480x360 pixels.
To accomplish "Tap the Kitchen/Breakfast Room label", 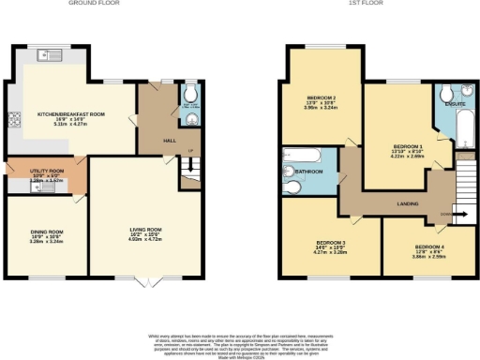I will click(70, 117).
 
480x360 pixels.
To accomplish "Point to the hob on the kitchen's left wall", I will click(13, 119).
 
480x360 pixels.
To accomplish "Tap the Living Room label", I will click(145, 232).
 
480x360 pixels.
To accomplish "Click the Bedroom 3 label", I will click(329, 246).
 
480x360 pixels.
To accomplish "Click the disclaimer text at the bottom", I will click(240, 341).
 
